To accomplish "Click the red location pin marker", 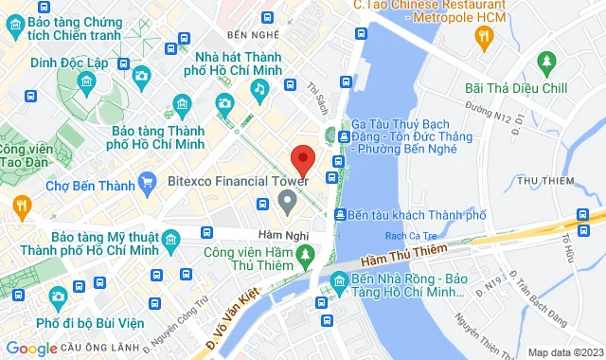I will click(302, 158).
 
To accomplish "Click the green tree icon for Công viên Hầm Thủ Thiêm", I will click(305, 254).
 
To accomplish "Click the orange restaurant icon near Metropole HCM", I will click(485, 37).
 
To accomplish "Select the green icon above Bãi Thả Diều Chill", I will click(546, 63).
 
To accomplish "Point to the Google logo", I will click(30, 349).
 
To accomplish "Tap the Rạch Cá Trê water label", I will click(407, 236).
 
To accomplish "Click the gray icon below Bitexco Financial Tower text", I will click(287, 201).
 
